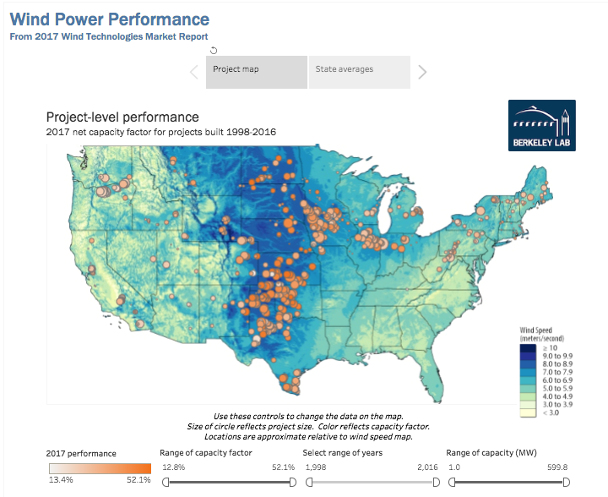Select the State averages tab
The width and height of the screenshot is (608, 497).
[345, 69]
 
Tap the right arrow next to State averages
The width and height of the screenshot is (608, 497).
[422, 71]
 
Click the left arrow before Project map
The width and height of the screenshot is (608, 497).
[193, 71]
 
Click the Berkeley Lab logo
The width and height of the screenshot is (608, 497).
[541, 126]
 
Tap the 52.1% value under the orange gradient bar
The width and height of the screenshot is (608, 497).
[139, 480]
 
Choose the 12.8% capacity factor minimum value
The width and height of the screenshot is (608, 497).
[173, 467]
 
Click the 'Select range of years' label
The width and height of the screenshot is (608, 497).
[343, 453]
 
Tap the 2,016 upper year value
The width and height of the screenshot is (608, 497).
[428, 467]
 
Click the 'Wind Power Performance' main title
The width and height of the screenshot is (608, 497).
[109, 19]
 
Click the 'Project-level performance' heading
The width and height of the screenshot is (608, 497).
[122, 117]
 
